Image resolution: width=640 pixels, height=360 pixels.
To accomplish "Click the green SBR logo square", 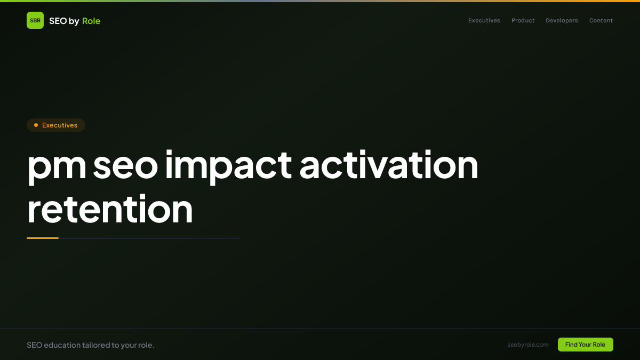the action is pyautogui.click(x=35, y=20).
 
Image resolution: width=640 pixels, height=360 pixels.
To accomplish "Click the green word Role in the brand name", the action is pyautogui.click(x=91, y=21).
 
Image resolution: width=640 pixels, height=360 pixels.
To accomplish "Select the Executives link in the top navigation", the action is pyautogui.click(x=484, y=20).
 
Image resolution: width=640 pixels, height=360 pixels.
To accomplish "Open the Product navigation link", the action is pyautogui.click(x=523, y=20).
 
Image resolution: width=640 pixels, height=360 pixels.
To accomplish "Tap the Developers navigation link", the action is pyautogui.click(x=562, y=21).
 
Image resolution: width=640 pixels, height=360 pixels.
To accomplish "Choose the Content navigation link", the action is pyautogui.click(x=601, y=20).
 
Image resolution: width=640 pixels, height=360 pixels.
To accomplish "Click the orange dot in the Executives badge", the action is pyautogui.click(x=36, y=125).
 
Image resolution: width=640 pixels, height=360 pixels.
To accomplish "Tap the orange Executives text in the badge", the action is pyautogui.click(x=60, y=125).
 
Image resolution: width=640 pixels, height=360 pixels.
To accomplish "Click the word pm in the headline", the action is pyautogui.click(x=57, y=167).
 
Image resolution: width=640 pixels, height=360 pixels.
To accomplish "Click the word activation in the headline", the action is pyautogui.click(x=389, y=165).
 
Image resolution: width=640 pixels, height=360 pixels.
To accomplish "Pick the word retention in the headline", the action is pyautogui.click(x=110, y=209).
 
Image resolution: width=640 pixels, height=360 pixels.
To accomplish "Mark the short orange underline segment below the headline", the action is pyautogui.click(x=43, y=238).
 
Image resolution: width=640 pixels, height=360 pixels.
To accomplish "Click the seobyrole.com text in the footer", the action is pyautogui.click(x=528, y=345).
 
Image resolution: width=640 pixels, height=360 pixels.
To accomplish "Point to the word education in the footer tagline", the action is pyautogui.click(x=62, y=345).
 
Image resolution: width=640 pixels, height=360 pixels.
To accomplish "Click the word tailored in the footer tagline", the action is pyautogui.click(x=95, y=345).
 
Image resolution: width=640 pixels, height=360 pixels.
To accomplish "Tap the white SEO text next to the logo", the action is pyautogui.click(x=58, y=21).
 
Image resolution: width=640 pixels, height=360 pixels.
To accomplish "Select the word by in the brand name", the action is pyautogui.click(x=74, y=21).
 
